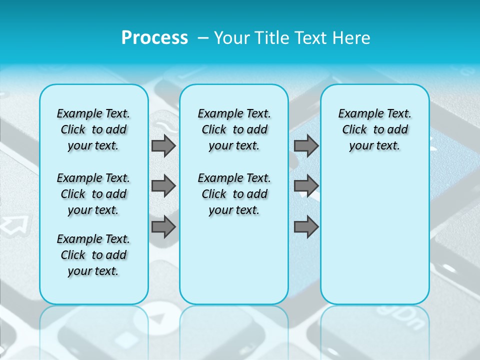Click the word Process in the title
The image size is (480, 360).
(154, 37)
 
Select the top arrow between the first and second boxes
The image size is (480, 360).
(163, 146)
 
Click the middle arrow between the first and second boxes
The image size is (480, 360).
(163, 186)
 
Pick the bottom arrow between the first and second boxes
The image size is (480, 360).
(163, 227)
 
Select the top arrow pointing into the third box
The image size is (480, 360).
(306, 146)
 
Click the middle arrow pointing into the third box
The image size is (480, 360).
(306, 186)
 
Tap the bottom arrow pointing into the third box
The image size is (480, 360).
(306, 227)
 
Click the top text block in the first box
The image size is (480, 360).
(93, 129)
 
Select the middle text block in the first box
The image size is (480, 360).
(93, 194)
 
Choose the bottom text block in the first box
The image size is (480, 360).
(93, 255)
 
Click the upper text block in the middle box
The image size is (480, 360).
(234, 129)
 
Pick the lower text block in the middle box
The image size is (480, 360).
(234, 194)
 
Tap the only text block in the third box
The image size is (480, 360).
(375, 129)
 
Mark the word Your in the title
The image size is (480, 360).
(232, 38)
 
